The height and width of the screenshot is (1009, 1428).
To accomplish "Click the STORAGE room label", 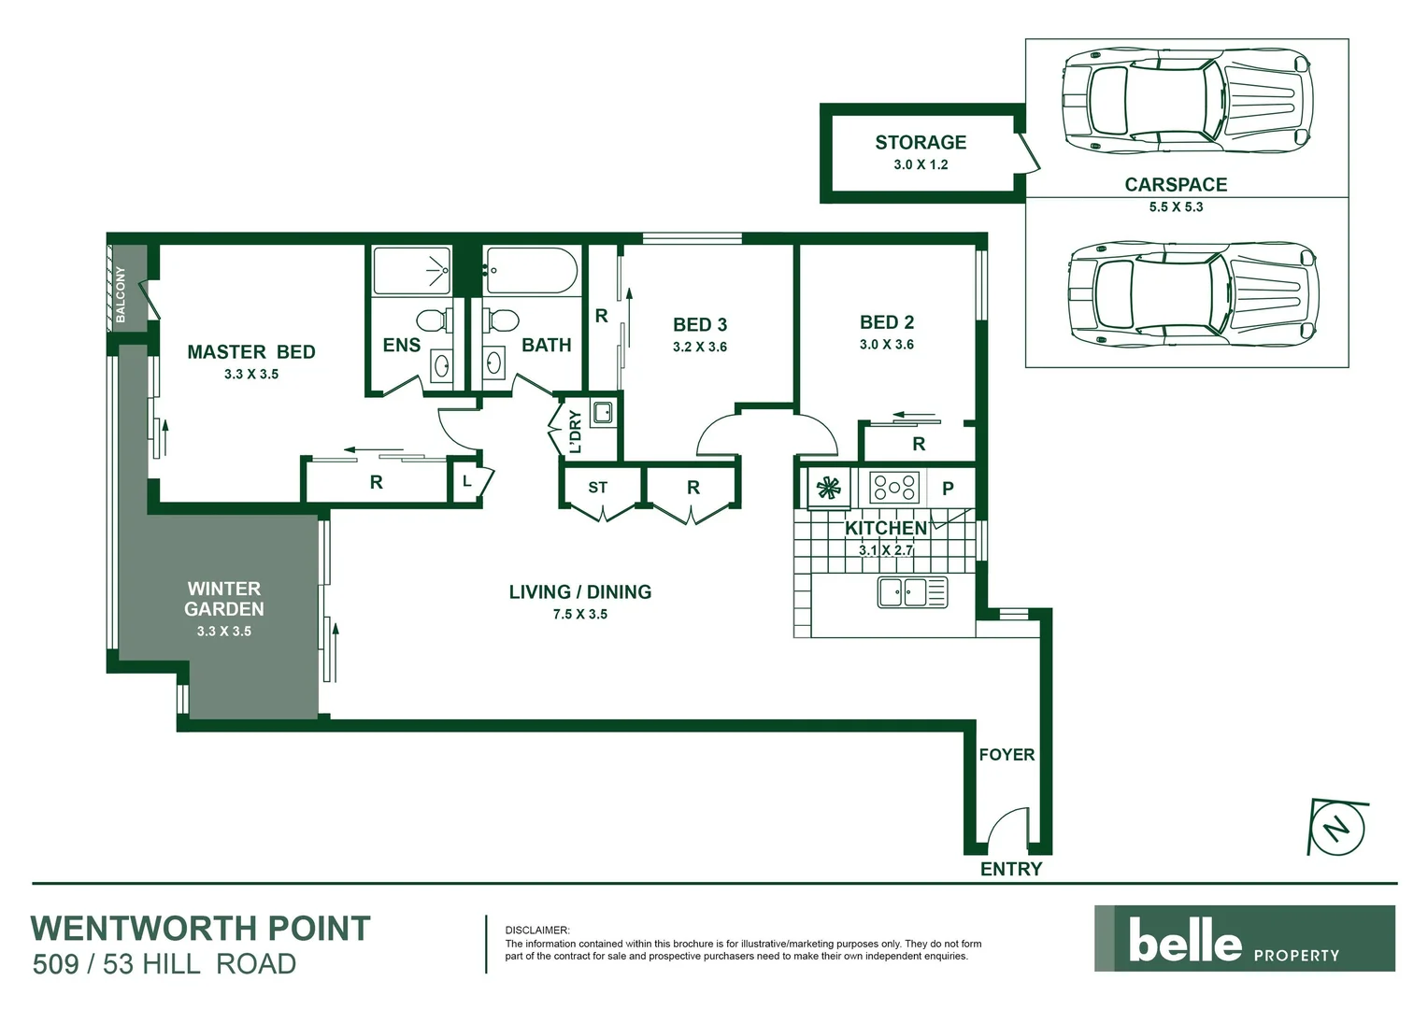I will coord(920,142).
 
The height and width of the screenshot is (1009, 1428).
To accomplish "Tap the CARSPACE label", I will coord(1175,184).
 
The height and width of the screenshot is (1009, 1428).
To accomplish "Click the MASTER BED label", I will coord(250,352).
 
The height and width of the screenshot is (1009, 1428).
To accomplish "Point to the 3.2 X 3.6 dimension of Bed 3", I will coord(699,347).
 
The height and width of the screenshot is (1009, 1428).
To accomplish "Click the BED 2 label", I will coord(886,322).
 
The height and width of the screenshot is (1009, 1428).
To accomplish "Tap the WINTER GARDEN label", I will coord(223,599).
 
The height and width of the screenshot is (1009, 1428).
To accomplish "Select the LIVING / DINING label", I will coord(579,591).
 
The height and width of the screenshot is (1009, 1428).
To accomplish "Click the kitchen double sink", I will coord(912,592).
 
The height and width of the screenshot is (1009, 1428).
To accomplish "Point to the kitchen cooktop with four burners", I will coord(894,487).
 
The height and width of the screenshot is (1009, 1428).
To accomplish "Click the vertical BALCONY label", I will coord(121,294).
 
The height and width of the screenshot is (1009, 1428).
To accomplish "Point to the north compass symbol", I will coord(1338,828).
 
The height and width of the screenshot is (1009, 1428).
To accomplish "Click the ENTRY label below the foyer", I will coord(1010,869).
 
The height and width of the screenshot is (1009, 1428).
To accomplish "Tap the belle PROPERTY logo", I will coord(1244,939).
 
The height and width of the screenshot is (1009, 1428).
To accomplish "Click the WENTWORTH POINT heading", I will coord(201,929).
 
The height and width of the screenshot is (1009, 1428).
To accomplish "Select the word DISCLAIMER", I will coord(536,931).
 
